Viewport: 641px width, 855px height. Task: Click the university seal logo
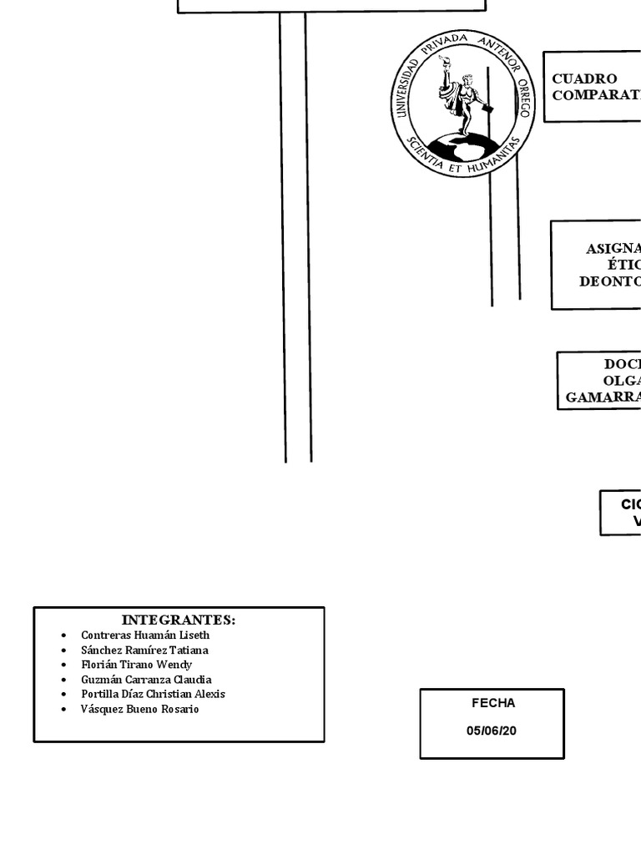(463, 104)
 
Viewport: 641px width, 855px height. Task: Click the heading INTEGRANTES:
(179, 620)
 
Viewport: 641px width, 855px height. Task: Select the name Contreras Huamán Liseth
(145, 635)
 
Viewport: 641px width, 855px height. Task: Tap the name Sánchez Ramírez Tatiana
(144, 650)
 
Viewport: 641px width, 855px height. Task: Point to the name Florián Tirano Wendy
(136, 665)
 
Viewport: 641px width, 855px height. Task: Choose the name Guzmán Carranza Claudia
(146, 680)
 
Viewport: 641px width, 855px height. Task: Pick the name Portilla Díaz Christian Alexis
(153, 694)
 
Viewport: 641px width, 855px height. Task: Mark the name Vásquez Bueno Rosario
(139, 709)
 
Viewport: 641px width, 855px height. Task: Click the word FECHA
(493, 703)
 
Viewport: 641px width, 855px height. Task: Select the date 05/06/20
(492, 731)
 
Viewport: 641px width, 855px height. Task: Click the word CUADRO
(584, 78)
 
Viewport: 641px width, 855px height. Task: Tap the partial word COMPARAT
(596, 94)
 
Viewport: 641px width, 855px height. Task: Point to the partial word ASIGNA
(613, 248)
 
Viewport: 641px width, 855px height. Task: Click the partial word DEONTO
(610, 281)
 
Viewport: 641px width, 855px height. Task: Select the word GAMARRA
(603, 397)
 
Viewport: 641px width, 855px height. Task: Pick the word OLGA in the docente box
(622, 381)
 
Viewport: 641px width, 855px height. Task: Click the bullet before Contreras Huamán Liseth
(63, 635)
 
